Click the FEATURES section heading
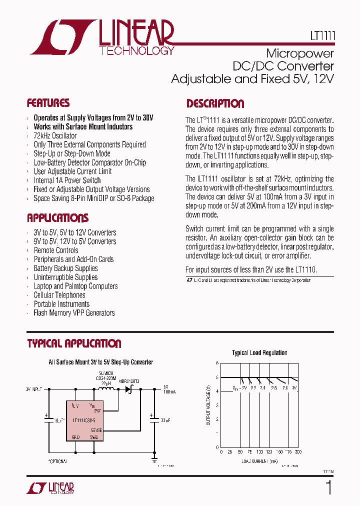click(48, 103)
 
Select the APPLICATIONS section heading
click(57, 218)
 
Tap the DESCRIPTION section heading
click(215, 104)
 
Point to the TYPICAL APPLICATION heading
click(74, 343)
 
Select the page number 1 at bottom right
click(328, 487)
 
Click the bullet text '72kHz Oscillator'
click(55, 135)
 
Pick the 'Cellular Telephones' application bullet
click(59, 295)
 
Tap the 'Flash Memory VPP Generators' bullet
click(74, 313)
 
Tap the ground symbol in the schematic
click(154, 457)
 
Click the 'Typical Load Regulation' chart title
click(259, 352)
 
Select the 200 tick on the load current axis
click(298, 451)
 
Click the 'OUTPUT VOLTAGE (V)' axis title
click(208, 405)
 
